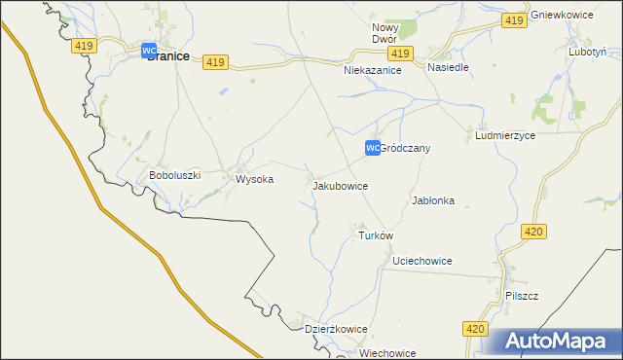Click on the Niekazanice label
pos(373,71)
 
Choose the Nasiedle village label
pos(449,68)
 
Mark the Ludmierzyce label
pos(505,137)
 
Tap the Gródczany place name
pos(405,149)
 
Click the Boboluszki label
pos(174,176)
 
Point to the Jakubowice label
pos(340,185)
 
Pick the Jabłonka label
pos(433,200)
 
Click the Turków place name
pos(376,235)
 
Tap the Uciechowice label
pos(421,262)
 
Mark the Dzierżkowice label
pos(336,329)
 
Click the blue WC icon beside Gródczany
pos(372,148)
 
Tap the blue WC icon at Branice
pos(149,51)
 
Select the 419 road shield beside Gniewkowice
pos(515,20)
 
